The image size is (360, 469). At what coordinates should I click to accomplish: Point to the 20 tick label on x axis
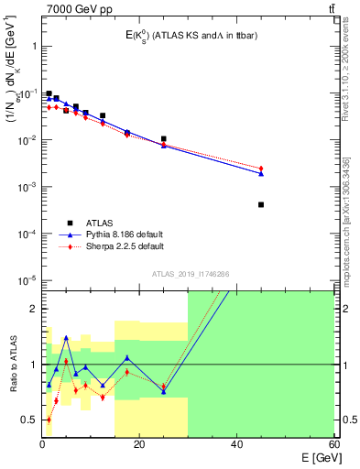coord(138,444)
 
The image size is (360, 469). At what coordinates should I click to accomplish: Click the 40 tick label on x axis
coord(236,444)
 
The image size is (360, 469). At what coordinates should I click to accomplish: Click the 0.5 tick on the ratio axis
coord(28,420)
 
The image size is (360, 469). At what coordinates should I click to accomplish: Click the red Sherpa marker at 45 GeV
coord(261,169)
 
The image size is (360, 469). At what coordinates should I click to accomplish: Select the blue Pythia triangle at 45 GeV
coord(261,173)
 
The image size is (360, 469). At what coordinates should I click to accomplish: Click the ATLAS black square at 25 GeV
coord(163,139)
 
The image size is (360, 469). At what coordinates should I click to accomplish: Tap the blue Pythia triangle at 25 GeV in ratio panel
coord(163,391)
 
